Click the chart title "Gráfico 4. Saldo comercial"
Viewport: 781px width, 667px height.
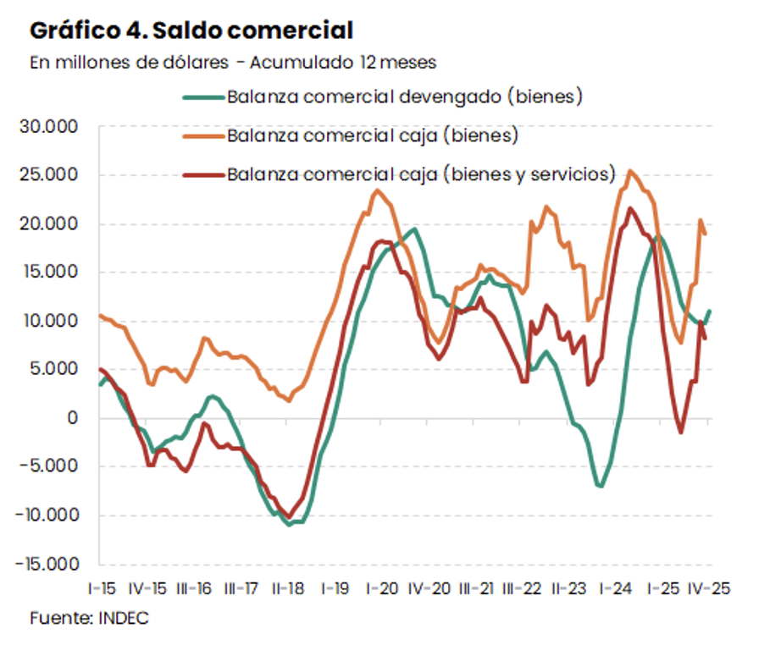[191, 31]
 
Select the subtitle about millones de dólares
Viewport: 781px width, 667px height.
[233, 62]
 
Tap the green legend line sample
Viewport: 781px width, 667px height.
[203, 96]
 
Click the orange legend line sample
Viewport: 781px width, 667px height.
[203, 135]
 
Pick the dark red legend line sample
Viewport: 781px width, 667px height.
[203, 174]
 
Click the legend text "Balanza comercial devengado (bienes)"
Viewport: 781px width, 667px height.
[405, 96]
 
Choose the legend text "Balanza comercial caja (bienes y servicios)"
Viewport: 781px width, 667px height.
[420, 174]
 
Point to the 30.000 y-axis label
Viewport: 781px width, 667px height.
[54, 127]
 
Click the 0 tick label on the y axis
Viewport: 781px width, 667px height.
[74, 418]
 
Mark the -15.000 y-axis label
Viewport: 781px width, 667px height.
[52, 564]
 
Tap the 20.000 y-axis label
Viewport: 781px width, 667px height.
[54, 224]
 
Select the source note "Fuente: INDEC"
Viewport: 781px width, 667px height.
[89, 618]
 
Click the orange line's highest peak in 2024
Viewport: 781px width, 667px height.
[629, 171]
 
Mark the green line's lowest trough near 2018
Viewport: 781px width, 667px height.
[290, 525]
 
